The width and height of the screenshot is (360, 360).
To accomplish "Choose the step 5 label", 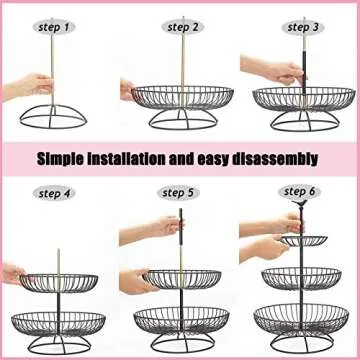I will [178, 193].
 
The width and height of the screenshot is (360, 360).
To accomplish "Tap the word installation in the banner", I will [145, 158].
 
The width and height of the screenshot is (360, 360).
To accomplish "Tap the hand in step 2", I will [129, 88].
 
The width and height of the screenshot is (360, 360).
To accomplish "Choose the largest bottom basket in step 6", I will [302, 322].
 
